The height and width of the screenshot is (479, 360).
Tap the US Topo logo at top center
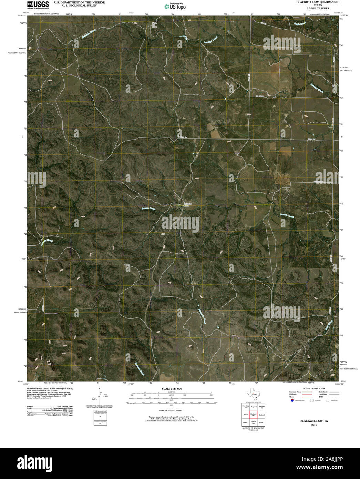click(176, 6)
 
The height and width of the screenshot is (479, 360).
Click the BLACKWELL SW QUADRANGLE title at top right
click(318, 2)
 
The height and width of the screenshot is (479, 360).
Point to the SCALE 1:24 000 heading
click(172, 389)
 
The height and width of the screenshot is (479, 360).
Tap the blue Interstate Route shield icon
click(292, 401)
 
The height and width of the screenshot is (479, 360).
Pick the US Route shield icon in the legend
click(312, 401)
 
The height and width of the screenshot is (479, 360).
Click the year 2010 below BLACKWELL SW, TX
click(313, 425)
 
